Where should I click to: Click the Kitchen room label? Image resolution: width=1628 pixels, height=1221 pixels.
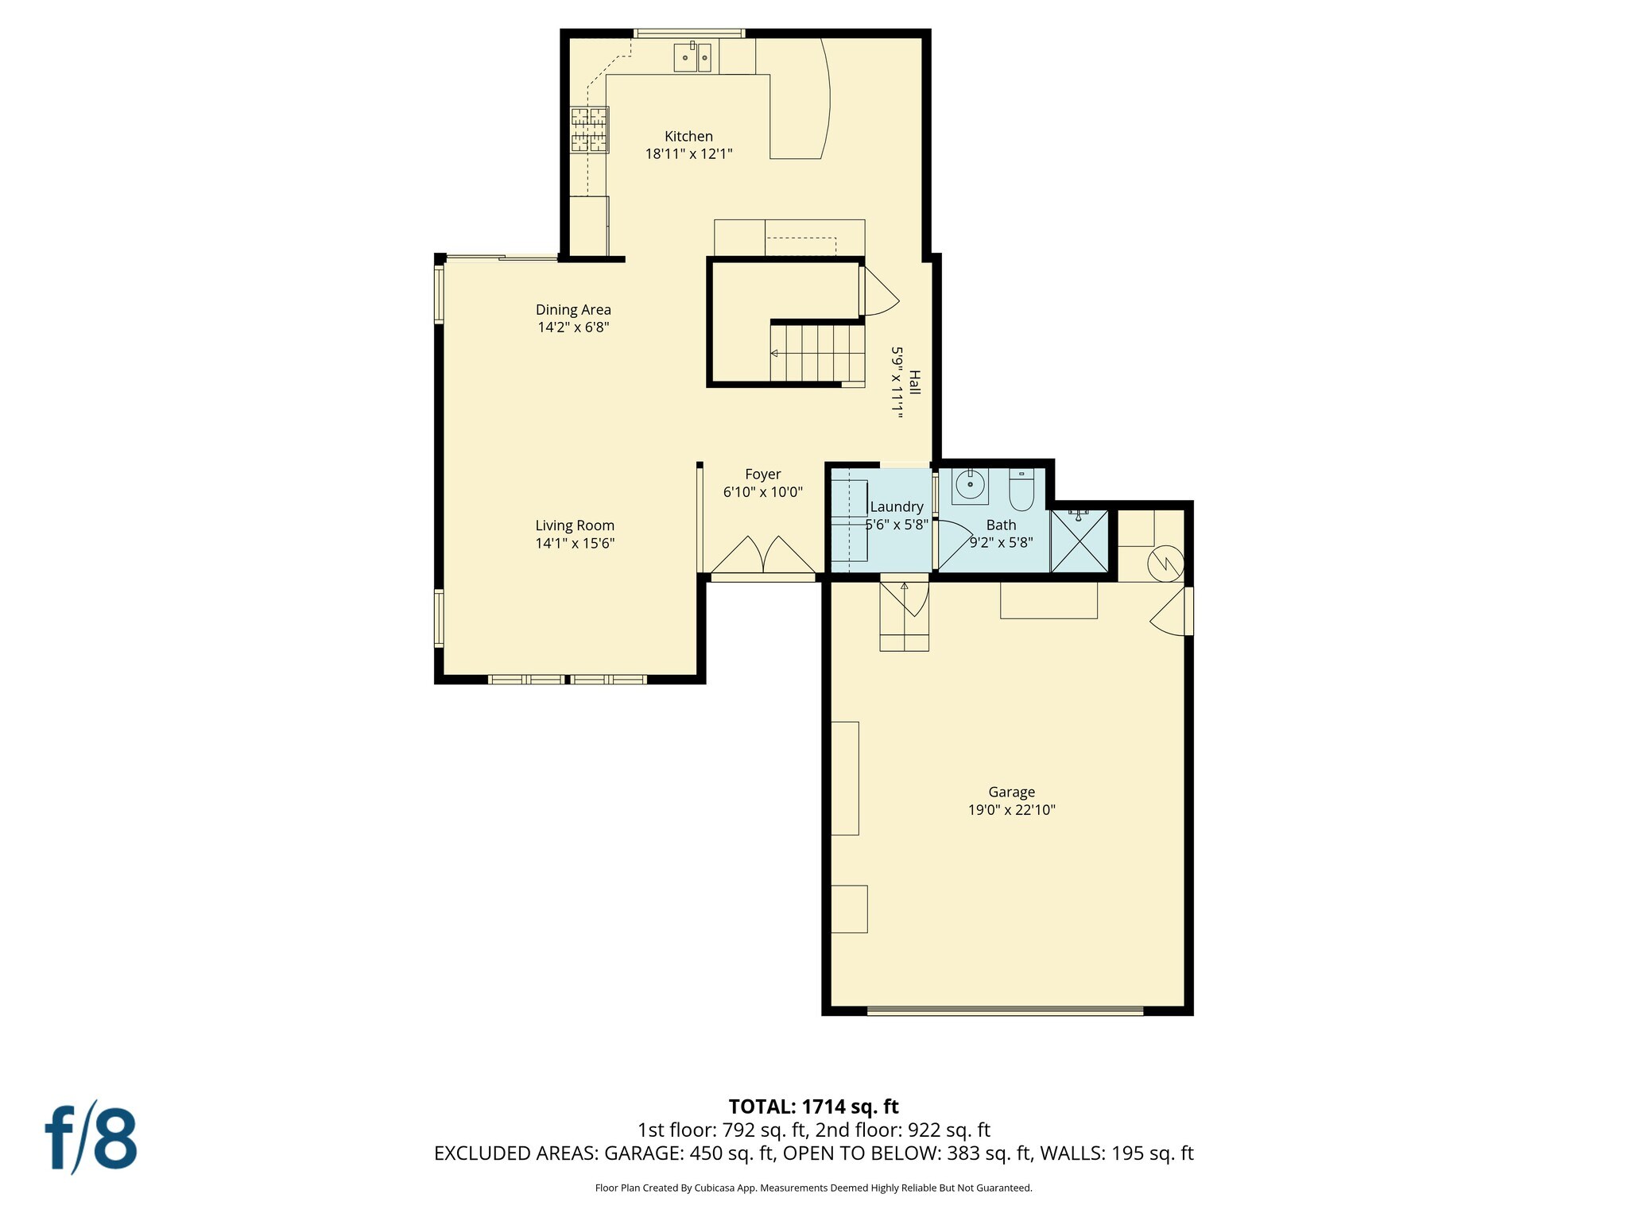pos(688,136)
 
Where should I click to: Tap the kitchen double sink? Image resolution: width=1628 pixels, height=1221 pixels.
pos(692,58)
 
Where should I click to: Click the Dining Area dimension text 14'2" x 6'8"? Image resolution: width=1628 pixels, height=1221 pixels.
pos(573,328)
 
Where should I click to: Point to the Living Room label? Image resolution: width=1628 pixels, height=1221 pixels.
pos(575,525)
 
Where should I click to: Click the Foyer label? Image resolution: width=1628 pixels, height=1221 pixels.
pos(762,475)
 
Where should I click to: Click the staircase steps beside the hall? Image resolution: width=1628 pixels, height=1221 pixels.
pos(817,353)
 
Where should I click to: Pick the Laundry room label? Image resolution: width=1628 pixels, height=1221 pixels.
pos(897,507)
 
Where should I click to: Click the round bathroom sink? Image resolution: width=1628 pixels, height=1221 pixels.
pos(970,483)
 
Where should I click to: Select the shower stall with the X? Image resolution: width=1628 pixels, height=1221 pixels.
pos(1079,541)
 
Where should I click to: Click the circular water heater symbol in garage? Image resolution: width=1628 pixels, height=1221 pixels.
pos(1165,564)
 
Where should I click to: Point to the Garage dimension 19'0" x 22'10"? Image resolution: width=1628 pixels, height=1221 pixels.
pos(1011,810)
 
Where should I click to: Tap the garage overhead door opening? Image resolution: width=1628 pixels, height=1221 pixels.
pos(1005,1010)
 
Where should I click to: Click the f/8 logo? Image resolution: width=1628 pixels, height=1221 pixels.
pos(90,1138)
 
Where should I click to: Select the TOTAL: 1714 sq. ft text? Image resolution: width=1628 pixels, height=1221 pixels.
pos(813,1107)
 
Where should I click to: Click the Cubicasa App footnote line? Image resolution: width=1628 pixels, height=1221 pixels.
pos(813,1188)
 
